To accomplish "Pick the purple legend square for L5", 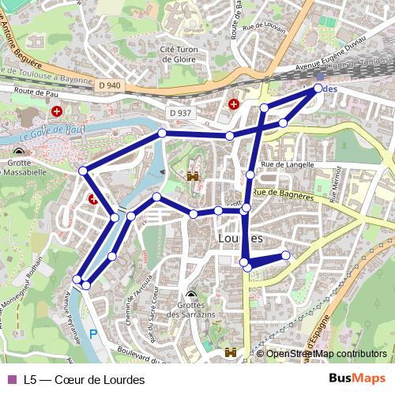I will [11, 380].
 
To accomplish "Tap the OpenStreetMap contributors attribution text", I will [326, 354].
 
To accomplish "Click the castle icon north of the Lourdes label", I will [192, 177].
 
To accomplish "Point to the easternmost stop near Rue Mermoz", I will [286, 254].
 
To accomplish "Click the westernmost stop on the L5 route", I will [77, 279].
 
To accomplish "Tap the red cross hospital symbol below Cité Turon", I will [234, 103].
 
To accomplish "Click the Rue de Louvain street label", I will [263, 26].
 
